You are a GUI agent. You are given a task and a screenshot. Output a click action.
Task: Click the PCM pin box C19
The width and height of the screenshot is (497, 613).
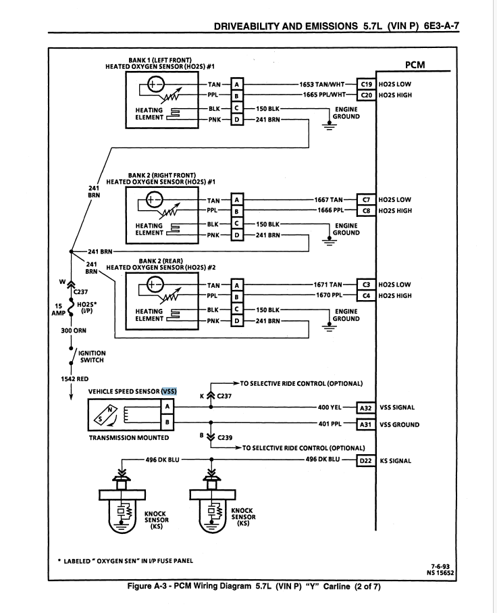click(367, 84)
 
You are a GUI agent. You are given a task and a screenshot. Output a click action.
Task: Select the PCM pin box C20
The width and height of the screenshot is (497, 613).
click(367, 95)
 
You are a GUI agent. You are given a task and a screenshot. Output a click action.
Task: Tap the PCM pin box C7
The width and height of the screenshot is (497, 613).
click(367, 200)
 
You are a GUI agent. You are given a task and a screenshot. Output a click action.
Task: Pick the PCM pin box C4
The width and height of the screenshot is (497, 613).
click(367, 295)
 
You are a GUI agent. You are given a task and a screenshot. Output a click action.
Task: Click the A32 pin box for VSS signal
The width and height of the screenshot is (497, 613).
click(365, 408)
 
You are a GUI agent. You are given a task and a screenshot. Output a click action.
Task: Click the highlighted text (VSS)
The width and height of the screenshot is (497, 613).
click(169, 391)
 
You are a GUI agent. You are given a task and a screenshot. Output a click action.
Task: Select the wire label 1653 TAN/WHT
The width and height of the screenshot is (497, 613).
click(322, 84)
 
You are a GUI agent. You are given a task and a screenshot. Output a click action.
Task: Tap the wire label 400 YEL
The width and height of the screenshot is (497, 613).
click(330, 408)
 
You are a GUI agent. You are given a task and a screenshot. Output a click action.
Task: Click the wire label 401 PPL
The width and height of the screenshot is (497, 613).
click(330, 424)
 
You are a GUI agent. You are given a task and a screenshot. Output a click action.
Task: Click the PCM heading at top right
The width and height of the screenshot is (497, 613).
click(419, 66)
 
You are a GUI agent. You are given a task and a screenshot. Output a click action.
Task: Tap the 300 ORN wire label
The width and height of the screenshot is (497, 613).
click(72, 330)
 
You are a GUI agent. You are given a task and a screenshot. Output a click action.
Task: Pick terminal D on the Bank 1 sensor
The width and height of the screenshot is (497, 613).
click(236, 120)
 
